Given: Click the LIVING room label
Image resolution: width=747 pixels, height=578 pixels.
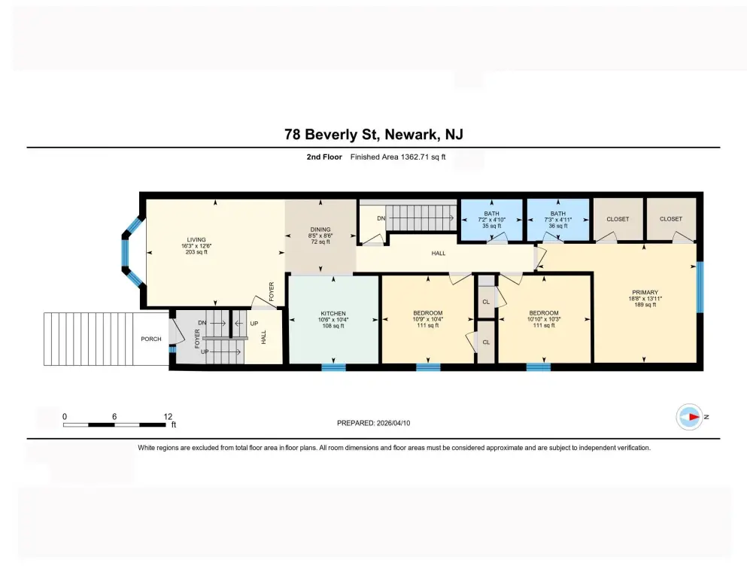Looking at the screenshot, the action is (196, 239).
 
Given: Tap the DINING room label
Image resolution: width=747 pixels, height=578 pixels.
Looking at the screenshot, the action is (320, 230).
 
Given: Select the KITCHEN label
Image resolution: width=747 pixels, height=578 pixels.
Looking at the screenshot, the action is (333, 314).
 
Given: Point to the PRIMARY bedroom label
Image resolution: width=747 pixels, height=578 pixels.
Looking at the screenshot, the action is (645, 293).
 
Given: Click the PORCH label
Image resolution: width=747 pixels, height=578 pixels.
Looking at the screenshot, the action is (151, 339).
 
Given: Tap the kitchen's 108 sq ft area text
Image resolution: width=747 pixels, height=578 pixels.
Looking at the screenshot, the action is (333, 326).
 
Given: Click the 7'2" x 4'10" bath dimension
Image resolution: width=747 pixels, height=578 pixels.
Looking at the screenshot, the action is (492, 220).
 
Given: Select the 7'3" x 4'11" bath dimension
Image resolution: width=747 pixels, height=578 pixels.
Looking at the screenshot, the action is (558, 220).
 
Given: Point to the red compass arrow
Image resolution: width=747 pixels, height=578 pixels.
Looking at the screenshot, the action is (694, 417).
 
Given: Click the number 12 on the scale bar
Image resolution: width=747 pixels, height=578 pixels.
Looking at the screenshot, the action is (168, 416).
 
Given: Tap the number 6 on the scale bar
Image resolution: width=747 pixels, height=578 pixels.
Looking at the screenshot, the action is (114, 416).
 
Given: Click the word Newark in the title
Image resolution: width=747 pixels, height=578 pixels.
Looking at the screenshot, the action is (411, 135).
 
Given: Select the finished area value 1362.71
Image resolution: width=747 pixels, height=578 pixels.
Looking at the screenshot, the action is (415, 157).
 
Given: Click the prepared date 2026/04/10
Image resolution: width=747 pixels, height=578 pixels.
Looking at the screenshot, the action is (393, 423).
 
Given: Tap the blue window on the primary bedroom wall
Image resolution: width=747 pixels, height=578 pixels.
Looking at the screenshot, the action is (700, 287).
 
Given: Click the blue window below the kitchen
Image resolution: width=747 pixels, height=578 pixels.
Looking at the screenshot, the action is (333, 367).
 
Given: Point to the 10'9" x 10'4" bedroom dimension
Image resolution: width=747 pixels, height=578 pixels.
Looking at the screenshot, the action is (428, 319).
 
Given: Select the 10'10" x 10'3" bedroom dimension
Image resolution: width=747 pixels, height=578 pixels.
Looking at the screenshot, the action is (544, 319).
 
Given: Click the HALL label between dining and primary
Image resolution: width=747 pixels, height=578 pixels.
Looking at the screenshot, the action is (439, 253).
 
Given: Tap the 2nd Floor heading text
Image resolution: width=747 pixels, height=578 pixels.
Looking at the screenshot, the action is (324, 157).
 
